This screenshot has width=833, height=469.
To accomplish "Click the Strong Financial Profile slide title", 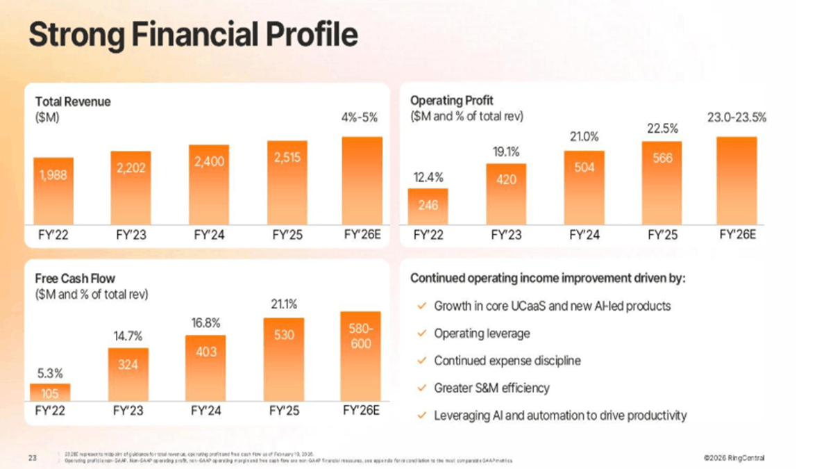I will click(x=193, y=35).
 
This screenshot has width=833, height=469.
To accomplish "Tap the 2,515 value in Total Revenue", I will click(x=287, y=158).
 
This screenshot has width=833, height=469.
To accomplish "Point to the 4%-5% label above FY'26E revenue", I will click(x=360, y=118).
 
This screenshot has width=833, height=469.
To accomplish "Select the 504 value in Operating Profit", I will click(x=584, y=167).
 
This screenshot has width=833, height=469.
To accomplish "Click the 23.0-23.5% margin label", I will click(x=737, y=118).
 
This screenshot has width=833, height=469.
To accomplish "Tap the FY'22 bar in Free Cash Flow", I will click(x=50, y=393).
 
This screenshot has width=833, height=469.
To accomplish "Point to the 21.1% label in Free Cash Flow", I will click(x=283, y=304).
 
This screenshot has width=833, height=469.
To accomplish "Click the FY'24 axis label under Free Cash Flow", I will click(x=205, y=411).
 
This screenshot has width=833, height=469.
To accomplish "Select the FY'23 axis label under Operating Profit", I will click(x=506, y=235).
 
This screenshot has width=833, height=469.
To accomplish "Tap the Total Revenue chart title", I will click(x=73, y=101).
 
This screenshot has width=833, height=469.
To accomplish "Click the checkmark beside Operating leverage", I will click(x=421, y=334).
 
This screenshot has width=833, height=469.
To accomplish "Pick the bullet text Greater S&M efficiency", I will click(x=491, y=388).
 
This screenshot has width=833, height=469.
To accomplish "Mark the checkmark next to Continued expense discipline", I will click(x=421, y=361).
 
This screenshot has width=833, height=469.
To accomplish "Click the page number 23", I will click(x=32, y=457).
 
